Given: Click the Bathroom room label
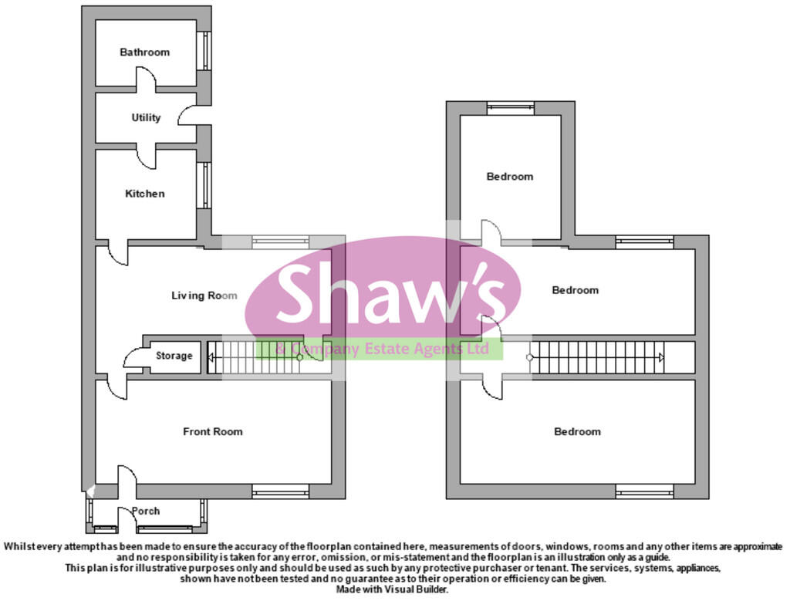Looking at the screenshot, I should click(x=144, y=52).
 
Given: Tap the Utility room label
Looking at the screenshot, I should click(x=146, y=118).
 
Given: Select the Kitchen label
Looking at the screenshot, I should click(x=144, y=194).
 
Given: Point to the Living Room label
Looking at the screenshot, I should click(x=204, y=295).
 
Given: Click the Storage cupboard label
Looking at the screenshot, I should click(x=174, y=356).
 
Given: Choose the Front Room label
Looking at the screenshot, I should click(x=212, y=432).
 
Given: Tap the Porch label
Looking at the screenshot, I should click(x=146, y=512).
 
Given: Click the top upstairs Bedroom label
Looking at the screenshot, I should click(x=509, y=177).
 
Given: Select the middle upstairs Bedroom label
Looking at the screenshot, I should click(x=575, y=291).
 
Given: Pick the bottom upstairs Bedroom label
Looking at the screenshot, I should click(x=577, y=432).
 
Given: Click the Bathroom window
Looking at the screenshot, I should click(x=205, y=51).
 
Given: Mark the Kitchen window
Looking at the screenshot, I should click(x=205, y=186).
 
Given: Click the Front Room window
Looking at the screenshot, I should click(x=280, y=491).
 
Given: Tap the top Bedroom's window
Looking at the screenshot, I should click(x=510, y=108).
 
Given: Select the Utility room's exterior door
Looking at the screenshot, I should click(x=190, y=115).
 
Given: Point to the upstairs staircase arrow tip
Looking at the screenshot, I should click(x=661, y=357).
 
